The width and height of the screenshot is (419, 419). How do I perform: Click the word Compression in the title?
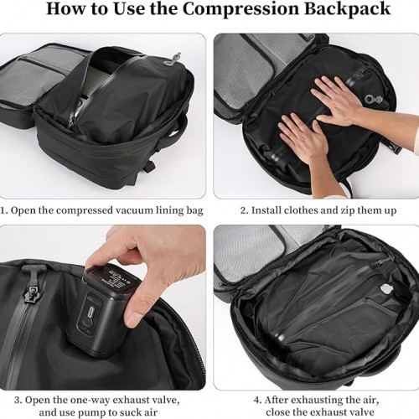click(x=241, y=9)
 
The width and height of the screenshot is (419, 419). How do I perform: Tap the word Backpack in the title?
click(x=347, y=9)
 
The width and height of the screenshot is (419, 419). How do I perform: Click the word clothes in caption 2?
click(x=300, y=210)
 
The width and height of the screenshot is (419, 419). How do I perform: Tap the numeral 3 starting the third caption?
click(x=18, y=400)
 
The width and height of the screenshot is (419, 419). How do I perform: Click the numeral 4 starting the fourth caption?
click(x=257, y=400)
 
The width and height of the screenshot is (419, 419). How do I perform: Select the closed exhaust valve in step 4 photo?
click(x=385, y=291)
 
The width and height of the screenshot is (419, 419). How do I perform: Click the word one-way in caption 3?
click(x=90, y=400)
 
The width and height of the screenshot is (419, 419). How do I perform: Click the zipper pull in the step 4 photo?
click(x=380, y=263)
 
